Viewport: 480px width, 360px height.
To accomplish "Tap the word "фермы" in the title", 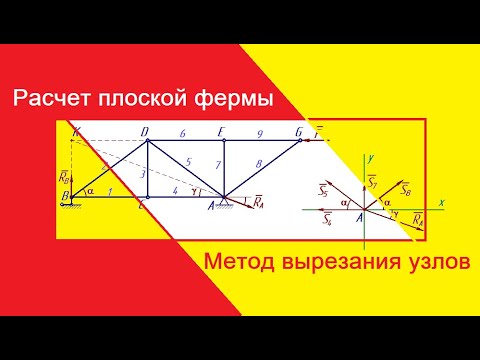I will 236,100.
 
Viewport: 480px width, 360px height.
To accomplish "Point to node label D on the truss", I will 146,130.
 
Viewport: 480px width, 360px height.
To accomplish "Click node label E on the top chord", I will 221,130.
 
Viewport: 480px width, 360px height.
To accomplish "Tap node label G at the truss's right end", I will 298,130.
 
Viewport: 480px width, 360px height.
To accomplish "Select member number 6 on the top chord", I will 183,132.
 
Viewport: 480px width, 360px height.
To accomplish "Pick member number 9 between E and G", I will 259,132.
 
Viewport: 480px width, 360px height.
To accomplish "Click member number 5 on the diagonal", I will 187,161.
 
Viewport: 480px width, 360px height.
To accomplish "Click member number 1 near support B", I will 109,190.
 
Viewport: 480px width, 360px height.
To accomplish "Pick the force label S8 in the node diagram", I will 404,187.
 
